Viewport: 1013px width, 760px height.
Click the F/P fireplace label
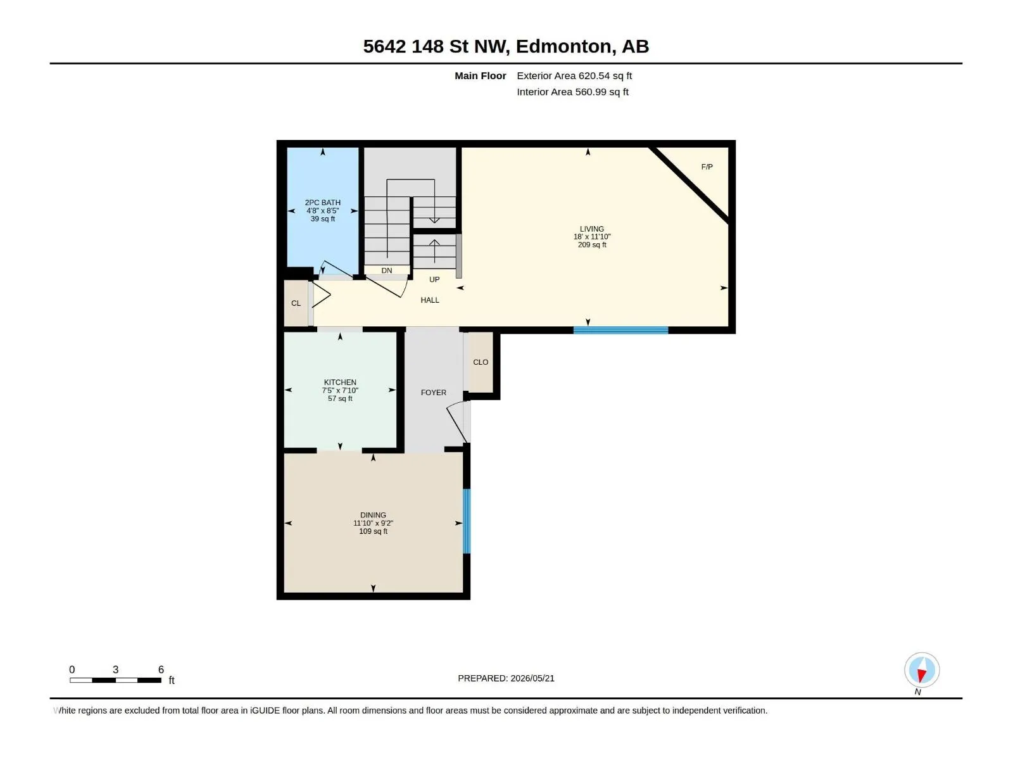(x=707, y=167)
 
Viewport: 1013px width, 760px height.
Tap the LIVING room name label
(x=591, y=229)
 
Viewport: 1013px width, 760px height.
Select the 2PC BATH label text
(x=323, y=203)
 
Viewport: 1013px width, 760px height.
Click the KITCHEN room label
(x=340, y=382)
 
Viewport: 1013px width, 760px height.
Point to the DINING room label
(x=373, y=515)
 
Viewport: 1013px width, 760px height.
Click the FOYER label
(x=433, y=393)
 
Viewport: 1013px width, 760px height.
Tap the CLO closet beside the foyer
(x=481, y=362)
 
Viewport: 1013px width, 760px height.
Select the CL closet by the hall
(x=296, y=303)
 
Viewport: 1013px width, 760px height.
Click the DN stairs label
(x=387, y=270)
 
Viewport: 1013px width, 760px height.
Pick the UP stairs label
(x=434, y=279)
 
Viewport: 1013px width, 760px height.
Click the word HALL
(x=430, y=300)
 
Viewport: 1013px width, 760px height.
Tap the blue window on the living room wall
(x=620, y=330)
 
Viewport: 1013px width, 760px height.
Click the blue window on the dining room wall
(x=467, y=521)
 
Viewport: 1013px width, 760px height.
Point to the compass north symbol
(x=922, y=670)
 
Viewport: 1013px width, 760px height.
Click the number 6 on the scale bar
(x=161, y=669)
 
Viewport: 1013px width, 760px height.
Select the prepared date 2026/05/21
(x=532, y=678)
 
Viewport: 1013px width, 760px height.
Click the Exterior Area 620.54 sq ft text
(x=574, y=75)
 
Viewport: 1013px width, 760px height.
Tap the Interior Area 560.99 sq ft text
(x=573, y=92)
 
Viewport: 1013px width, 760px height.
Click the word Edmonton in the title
(x=563, y=47)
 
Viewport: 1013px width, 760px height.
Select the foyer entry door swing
(x=457, y=421)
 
